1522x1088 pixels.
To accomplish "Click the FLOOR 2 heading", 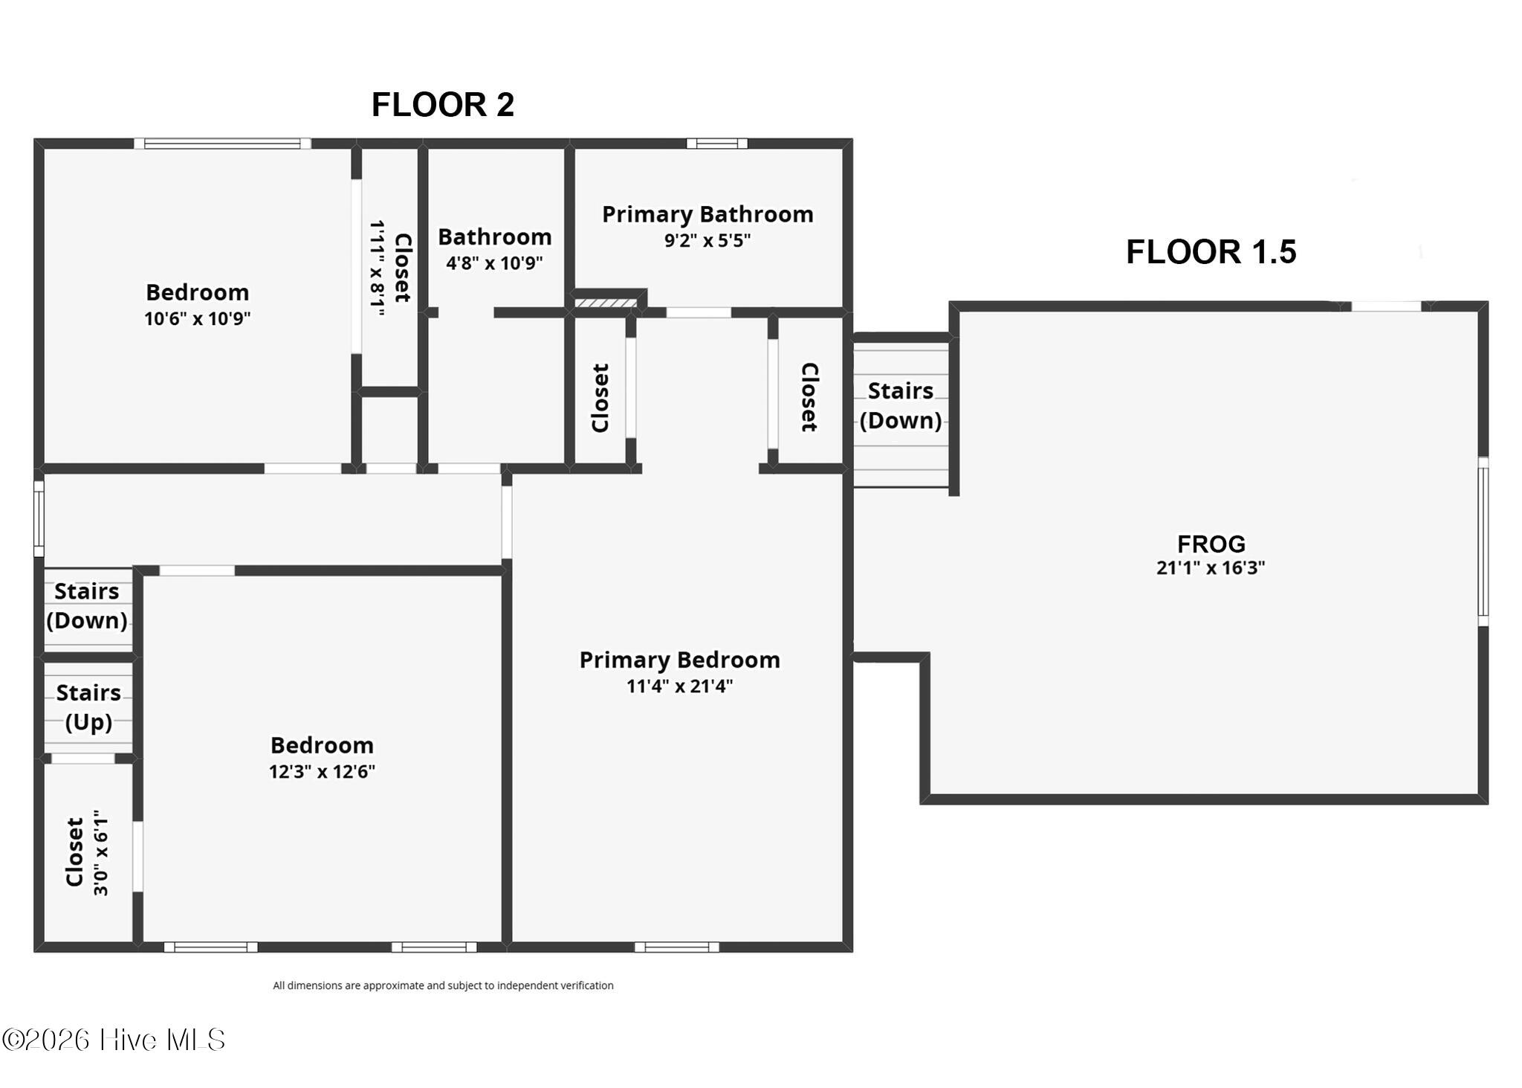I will pos(443,105).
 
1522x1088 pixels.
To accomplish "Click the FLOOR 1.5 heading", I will pos(1211,252).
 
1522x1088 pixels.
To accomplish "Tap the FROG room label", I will pos(1211,544).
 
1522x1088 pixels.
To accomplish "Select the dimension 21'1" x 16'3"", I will pos(1211,568).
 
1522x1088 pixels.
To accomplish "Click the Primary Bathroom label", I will pos(707,214).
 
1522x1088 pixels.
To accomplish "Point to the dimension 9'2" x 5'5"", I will pos(707,240).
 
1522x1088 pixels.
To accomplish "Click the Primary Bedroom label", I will pos(679,660).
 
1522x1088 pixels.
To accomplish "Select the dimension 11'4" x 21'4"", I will pos(679,686).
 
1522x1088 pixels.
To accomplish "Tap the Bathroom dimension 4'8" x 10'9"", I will pos(494,263).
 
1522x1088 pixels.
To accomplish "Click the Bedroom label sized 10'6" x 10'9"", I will pos(197,292).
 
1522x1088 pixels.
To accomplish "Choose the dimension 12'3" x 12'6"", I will pos(322,771).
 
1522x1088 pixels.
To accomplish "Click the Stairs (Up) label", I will pos(88,707).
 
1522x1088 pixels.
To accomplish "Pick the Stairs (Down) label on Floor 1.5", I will pos(901,405).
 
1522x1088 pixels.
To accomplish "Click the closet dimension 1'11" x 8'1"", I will pos(378,268).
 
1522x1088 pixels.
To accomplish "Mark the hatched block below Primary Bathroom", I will pos(606,303).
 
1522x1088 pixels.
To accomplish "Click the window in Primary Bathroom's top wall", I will pos(716,144).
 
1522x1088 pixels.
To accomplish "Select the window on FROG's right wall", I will pos(1483,541).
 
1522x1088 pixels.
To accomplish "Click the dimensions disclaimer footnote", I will pos(443,985).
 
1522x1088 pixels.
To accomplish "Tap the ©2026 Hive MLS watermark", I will pos(114,1040).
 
